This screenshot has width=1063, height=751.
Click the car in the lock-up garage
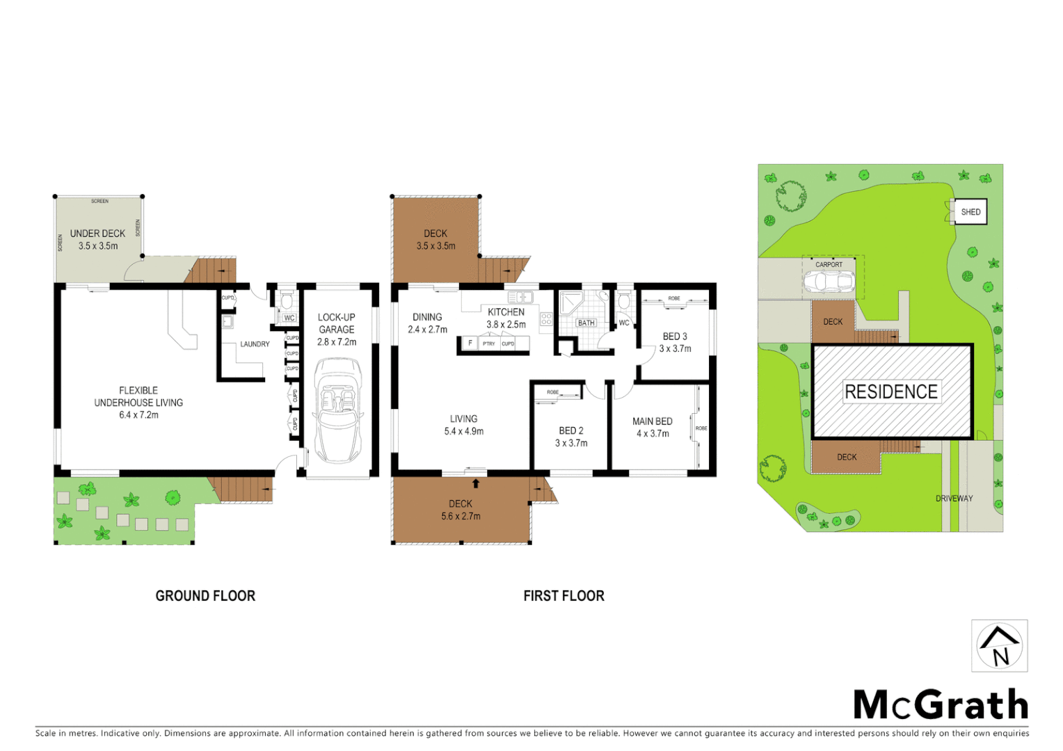tap(337, 410)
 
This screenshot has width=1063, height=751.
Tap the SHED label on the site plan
tap(970, 212)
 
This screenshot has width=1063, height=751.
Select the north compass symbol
tap(1000, 646)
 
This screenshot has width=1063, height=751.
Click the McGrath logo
tap(941, 705)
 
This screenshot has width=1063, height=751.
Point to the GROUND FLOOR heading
tap(205, 596)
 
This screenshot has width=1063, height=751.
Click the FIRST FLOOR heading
tap(564, 596)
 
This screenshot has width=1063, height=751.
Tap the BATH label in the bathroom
tap(586, 323)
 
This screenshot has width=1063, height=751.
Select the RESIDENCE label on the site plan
tap(891, 391)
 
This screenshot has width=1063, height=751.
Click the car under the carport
tap(828, 282)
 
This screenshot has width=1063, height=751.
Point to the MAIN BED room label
tap(653, 421)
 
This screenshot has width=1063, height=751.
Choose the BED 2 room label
tap(571, 431)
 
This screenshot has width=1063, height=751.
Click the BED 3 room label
tap(675, 337)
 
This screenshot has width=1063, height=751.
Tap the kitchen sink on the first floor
tap(520, 298)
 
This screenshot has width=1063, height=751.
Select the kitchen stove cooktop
tap(547, 320)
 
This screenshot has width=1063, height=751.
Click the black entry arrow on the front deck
tap(476, 483)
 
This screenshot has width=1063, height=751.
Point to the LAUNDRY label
tap(255, 344)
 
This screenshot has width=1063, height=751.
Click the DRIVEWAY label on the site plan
tap(954, 499)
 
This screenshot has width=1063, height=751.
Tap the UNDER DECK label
tap(97, 234)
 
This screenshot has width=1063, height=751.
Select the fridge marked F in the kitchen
tap(470, 344)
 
